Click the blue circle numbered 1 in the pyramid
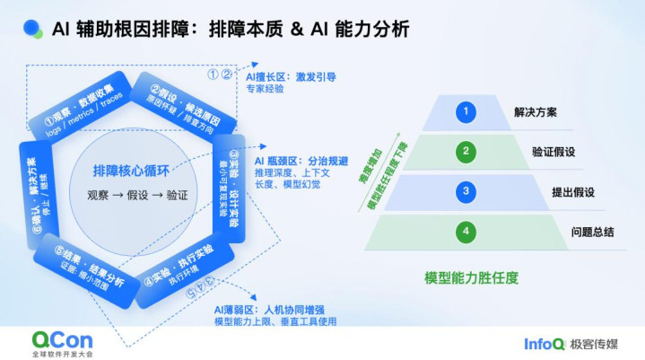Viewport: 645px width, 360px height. coord(465,112)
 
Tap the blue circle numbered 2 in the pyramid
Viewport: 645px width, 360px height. coord(465,151)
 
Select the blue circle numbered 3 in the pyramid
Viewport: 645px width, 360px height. coord(465,190)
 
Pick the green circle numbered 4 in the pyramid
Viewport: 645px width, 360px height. coord(465,231)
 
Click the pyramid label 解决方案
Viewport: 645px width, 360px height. coord(536,113)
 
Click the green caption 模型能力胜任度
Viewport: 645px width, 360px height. coord(471,278)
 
